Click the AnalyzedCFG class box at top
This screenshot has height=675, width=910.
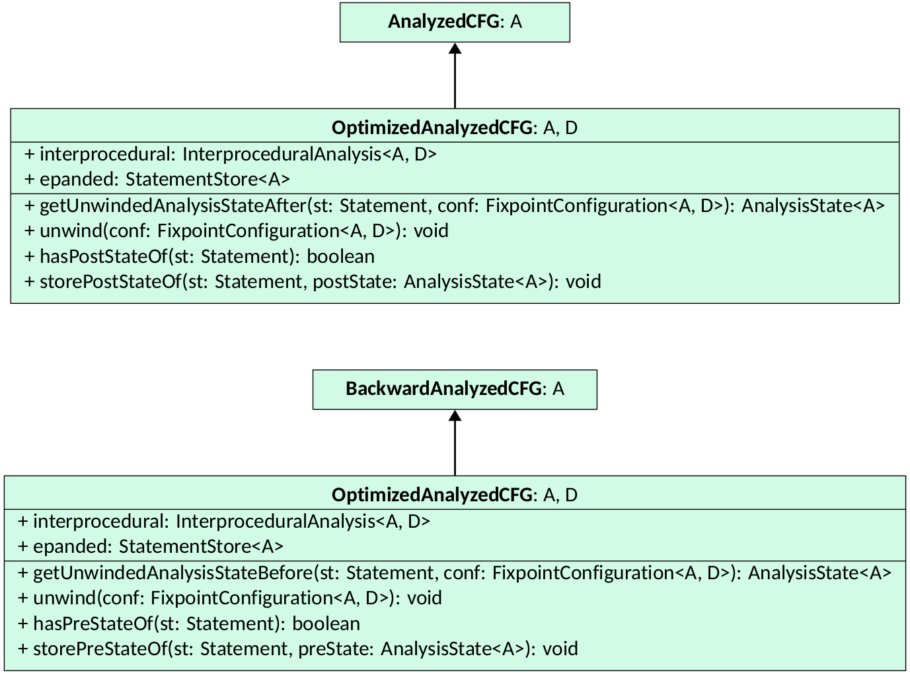click(455, 22)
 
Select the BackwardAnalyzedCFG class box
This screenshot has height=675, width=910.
click(455, 389)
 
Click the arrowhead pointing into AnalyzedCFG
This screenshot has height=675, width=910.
click(455, 48)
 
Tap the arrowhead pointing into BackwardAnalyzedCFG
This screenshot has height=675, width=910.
click(455, 415)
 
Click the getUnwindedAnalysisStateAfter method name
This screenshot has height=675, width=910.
click(173, 205)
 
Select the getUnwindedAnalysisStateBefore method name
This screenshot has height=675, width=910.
click(172, 573)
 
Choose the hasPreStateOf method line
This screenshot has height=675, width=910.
click(189, 623)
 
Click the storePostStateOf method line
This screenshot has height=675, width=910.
click(313, 281)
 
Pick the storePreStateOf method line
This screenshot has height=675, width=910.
click(297, 649)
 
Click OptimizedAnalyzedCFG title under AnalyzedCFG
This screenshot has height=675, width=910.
click(455, 127)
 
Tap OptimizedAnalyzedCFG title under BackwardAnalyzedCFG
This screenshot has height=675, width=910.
click(455, 495)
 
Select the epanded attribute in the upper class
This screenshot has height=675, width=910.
click(157, 179)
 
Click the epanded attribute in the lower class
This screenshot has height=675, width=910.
click(151, 546)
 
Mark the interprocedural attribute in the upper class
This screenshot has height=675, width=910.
click(230, 154)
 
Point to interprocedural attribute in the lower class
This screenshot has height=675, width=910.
click(223, 521)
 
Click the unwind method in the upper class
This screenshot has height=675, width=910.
click(236, 231)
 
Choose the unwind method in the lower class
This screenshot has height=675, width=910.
click(229, 598)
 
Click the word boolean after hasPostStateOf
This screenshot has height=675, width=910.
click(340, 256)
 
